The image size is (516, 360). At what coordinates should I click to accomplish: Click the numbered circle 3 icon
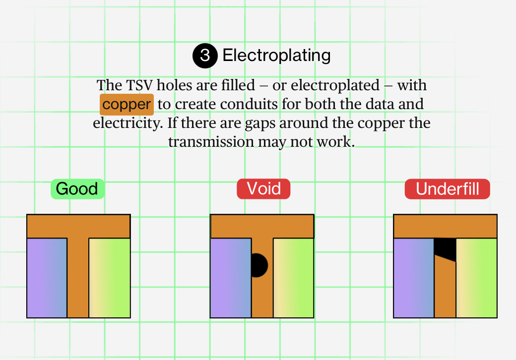click(x=205, y=56)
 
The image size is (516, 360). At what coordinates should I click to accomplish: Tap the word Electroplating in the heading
click(x=276, y=55)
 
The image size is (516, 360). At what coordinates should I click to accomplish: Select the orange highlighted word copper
click(x=127, y=105)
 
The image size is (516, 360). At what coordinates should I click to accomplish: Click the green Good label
click(x=77, y=189)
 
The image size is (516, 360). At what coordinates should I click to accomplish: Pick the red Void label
click(x=263, y=189)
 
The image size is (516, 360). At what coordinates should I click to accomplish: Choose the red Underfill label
click(x=448, y=189)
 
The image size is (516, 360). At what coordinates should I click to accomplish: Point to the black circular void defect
click(x=258, y=265)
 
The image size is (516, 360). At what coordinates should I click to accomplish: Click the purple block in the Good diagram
click(x=47, y=278)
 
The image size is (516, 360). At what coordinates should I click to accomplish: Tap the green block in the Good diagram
click(x=109, y=278)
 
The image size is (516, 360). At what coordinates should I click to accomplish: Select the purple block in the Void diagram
click(x=230, y=278)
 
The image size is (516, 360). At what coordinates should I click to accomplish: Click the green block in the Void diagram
click(x=293, y=278)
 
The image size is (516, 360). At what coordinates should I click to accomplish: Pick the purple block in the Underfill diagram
click(x=414, y=278)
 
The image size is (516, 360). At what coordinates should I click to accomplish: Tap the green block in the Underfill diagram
click(x=476, y=278)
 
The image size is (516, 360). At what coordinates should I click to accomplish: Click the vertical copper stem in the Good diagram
click(x=78, y=278)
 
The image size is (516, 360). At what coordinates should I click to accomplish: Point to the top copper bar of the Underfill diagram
click(x=445, y=226)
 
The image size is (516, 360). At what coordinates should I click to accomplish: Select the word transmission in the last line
click(x=211, y=142)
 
